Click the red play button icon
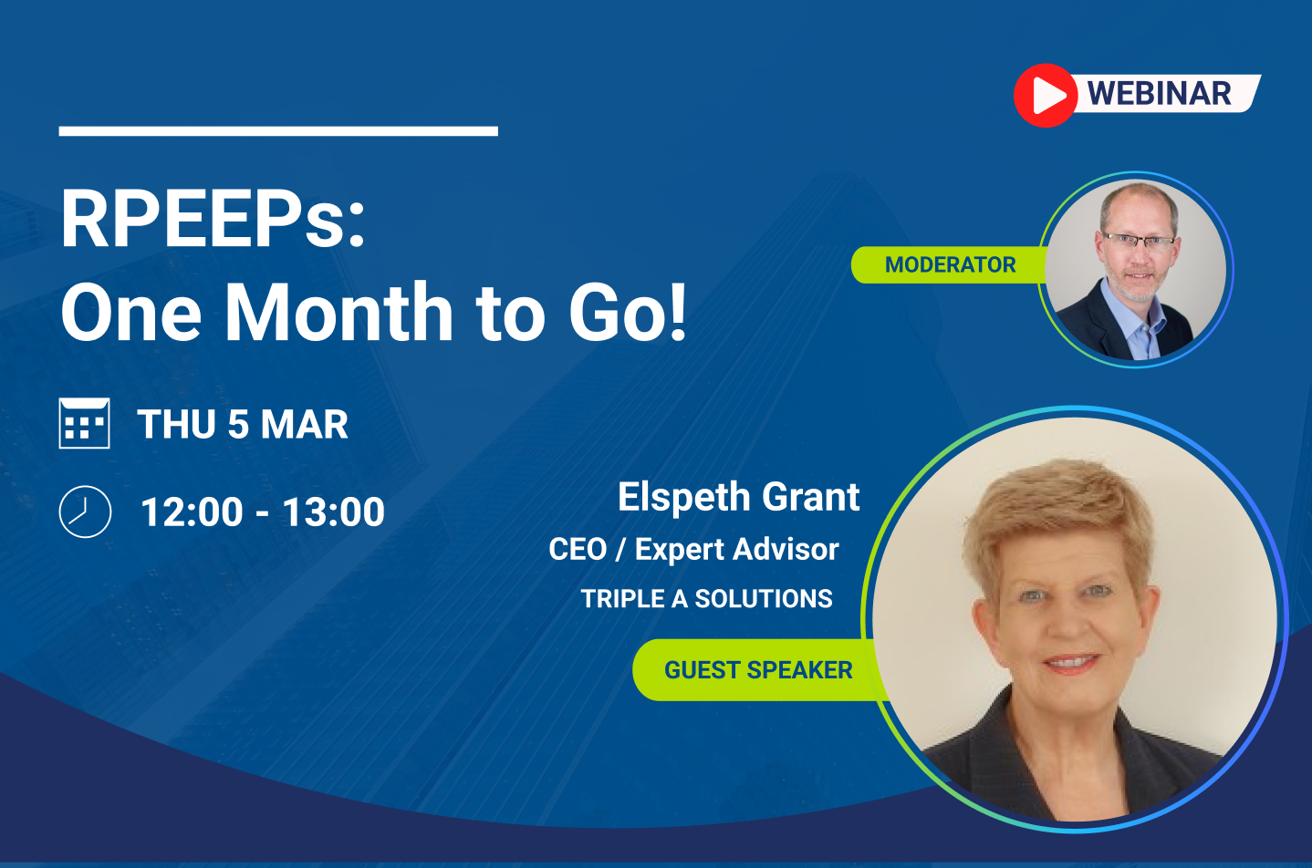tap(1046, 95)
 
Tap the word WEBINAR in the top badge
tap(1159, 94)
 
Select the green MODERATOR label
tap(950, 264)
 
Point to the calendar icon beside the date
tap(84, 423)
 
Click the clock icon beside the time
tap(85, 511)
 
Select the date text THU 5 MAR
tap(243, 424)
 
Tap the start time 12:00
tap(192, 512)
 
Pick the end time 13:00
tap(333, 512)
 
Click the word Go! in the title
tap(628, 311)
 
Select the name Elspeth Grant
tap(739, 497)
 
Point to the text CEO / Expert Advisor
tap(693, 549)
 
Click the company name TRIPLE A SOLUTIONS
tap(706, 598)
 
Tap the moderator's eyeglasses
tap(1138, 241)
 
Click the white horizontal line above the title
tap(278, 131)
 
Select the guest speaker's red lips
tap(1071, 664)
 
